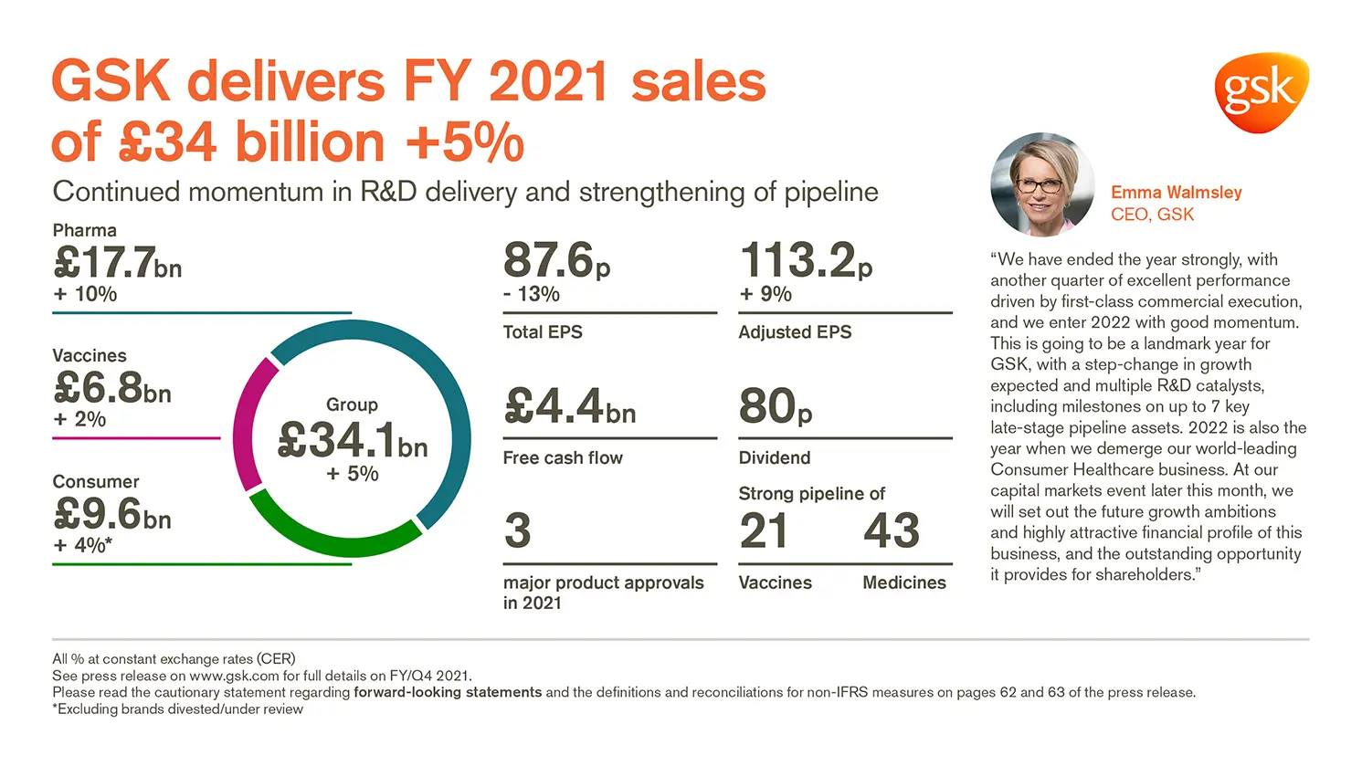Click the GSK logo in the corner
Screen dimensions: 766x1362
pos(1261,91)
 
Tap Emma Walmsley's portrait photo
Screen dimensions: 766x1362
pos(1041,184)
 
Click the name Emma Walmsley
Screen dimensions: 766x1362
pos(1176,193)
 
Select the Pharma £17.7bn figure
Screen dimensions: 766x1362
pos(118,264)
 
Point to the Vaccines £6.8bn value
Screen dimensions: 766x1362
pos(112,389)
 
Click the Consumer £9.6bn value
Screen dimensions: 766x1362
pos(112,514)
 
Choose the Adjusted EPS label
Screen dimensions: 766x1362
pos(795,332)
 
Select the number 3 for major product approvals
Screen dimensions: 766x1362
pos(517,530)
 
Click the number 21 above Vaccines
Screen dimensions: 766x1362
pos(763,530)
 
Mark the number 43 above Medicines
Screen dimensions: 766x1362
pos(891,530)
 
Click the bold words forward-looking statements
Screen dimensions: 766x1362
pos(448,692)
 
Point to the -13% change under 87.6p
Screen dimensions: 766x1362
pos(532,294)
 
